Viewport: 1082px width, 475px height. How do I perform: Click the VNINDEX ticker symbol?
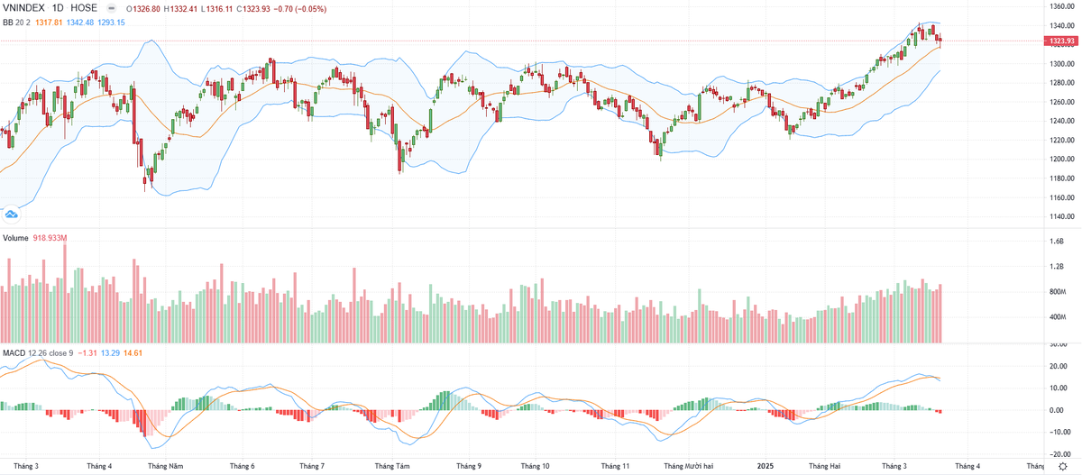click(x=23, y=9)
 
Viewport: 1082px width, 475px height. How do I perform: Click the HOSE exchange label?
click(x=84, y=9)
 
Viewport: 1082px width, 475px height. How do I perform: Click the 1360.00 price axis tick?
click(x=1060, y=6)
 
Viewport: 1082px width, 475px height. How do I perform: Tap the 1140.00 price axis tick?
click(x=1060, y=216)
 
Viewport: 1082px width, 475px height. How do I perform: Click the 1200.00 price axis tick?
click(x=1060, y=160)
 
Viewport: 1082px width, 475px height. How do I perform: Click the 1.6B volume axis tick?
click(x=1056, y=242)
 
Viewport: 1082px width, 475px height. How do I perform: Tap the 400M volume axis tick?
click(x=1057, y=317)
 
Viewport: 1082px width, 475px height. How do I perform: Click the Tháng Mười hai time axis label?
click(x=688, y=466)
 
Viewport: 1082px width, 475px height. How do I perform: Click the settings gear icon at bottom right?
click(x=1063, y=465)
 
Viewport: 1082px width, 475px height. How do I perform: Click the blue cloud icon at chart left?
click(x=12, y=214)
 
